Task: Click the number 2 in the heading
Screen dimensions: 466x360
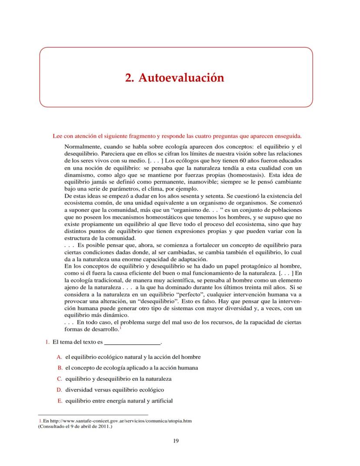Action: click(128, 78)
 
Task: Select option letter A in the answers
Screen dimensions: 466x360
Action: click(59, 357)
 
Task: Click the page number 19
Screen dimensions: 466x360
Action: click(176, 441)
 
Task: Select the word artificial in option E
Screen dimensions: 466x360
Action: click(161, 401)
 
